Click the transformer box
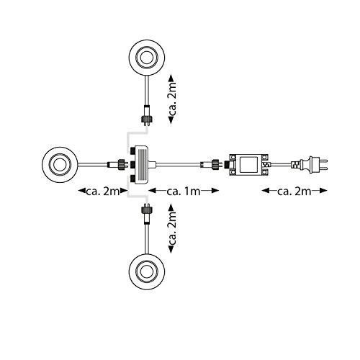pos(248,165)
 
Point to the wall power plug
pos(312,165)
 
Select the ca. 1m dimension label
pos(184,192)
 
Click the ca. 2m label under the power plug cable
pos(294,192)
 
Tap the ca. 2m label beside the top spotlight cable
pos(172,99)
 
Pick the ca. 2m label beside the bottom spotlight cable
pos(172,228)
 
